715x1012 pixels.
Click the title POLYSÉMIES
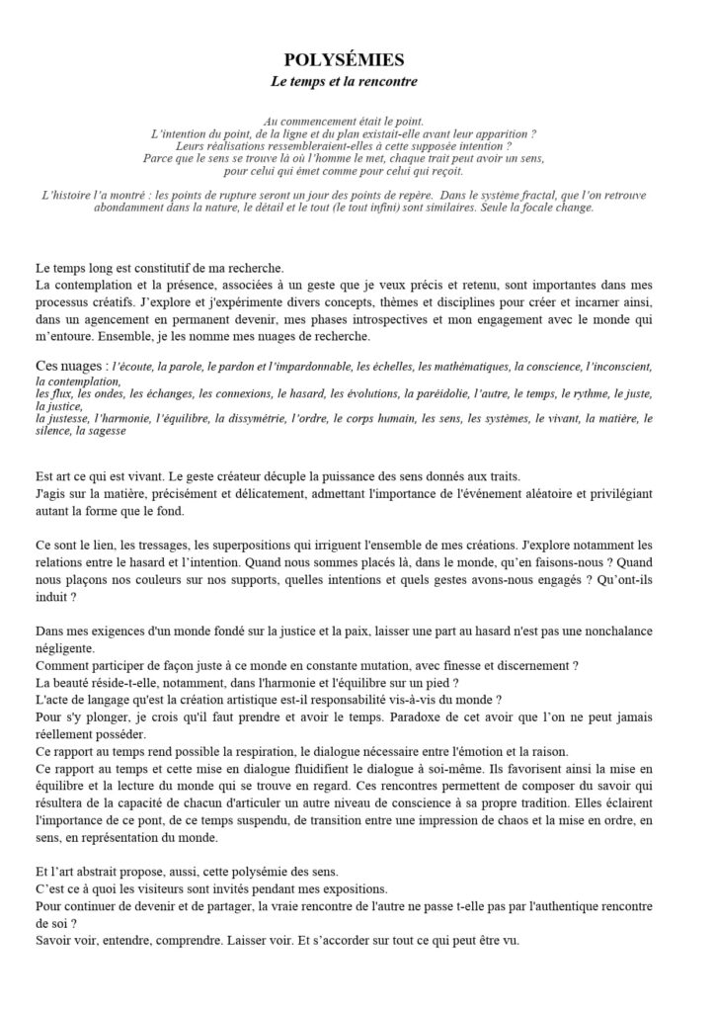click(x=357, y=60)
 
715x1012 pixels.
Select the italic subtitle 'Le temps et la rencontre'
click(x=357, y=79)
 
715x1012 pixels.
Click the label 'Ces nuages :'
click(x=70, y=366)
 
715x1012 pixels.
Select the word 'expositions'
click(x=352, y=887)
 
